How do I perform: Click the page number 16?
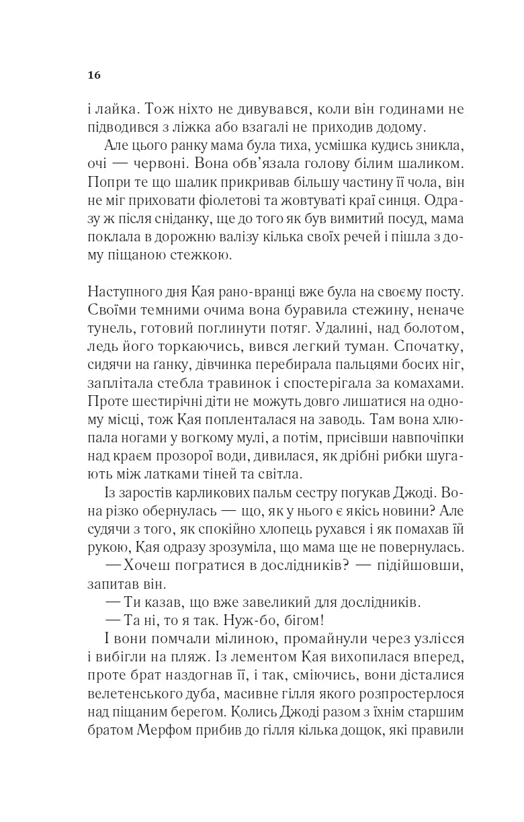93,75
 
